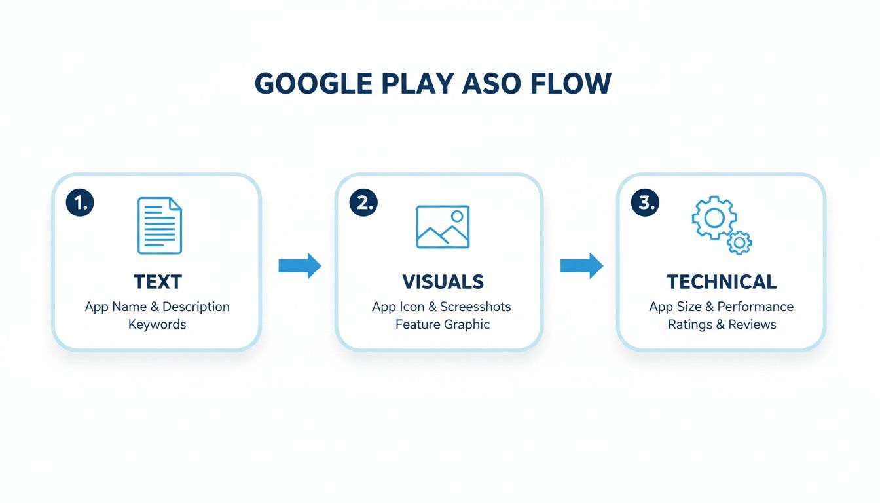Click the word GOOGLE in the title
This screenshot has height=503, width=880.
(x=312, y=84)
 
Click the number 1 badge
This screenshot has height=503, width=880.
(x=80, y=203)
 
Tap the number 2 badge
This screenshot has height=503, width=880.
(x=363, y=203)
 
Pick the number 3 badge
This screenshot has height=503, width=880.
(x=645, y=203)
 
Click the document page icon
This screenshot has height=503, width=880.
(x=159, y=226)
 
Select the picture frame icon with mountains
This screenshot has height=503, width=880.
(x=443, y=227)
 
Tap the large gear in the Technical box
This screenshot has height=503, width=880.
(x=714, y=217)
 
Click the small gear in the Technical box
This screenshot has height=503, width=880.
(x=739, y=242)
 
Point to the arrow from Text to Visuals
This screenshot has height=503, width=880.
(x=300, y=266)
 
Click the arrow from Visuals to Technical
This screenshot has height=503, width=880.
(x=581, y=266)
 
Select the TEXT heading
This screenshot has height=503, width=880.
(x=158, y=282)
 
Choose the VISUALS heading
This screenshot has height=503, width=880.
(x=443, y=282)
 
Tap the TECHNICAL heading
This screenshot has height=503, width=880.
(x=722, y=282)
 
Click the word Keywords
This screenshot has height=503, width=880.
(x=157, y=324)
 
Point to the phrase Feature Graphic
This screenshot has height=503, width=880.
(x=443, y=324)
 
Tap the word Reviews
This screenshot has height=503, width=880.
(x=752, y=324)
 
